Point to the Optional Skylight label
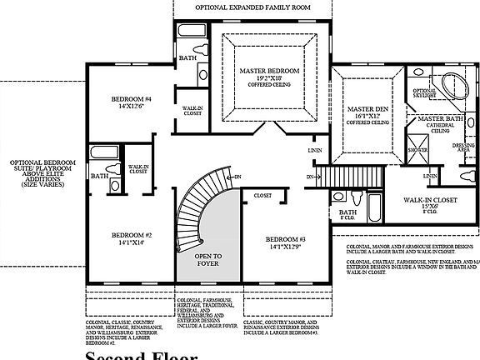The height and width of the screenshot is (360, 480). (x=425, y=93)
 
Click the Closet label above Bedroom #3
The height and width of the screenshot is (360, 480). (x=263, y=195)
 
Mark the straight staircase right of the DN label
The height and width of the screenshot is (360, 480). (x=338, y=177)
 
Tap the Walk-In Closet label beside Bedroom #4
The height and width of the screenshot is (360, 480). (x=193, y=110)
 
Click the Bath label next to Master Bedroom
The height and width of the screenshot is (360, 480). (x=187, y=58)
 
